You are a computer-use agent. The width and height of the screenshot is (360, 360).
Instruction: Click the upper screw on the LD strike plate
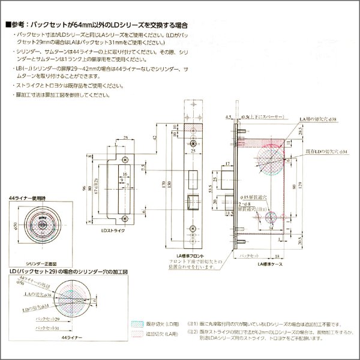[125, 158]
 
